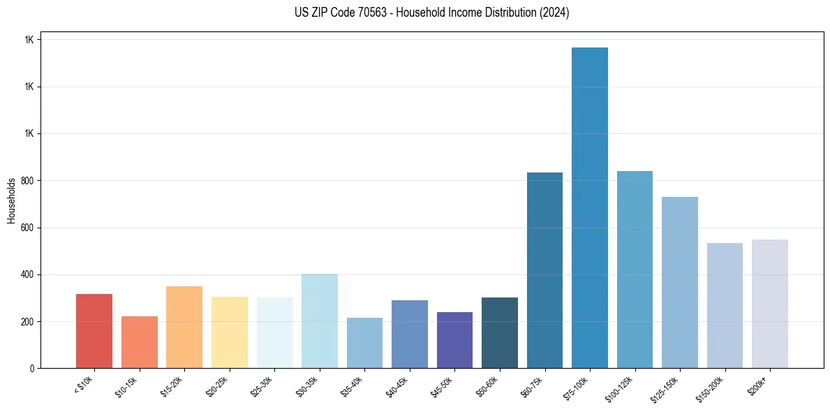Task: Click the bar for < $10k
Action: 94,331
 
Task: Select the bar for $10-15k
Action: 139,342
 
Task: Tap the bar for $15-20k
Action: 184,327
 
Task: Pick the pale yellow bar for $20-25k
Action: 229,332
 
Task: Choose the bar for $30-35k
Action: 319,321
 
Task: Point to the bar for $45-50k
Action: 454,340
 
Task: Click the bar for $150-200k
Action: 725,305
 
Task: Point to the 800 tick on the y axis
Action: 27,181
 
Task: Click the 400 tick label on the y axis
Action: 27,274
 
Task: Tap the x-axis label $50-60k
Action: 487,385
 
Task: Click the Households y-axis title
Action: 11,200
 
